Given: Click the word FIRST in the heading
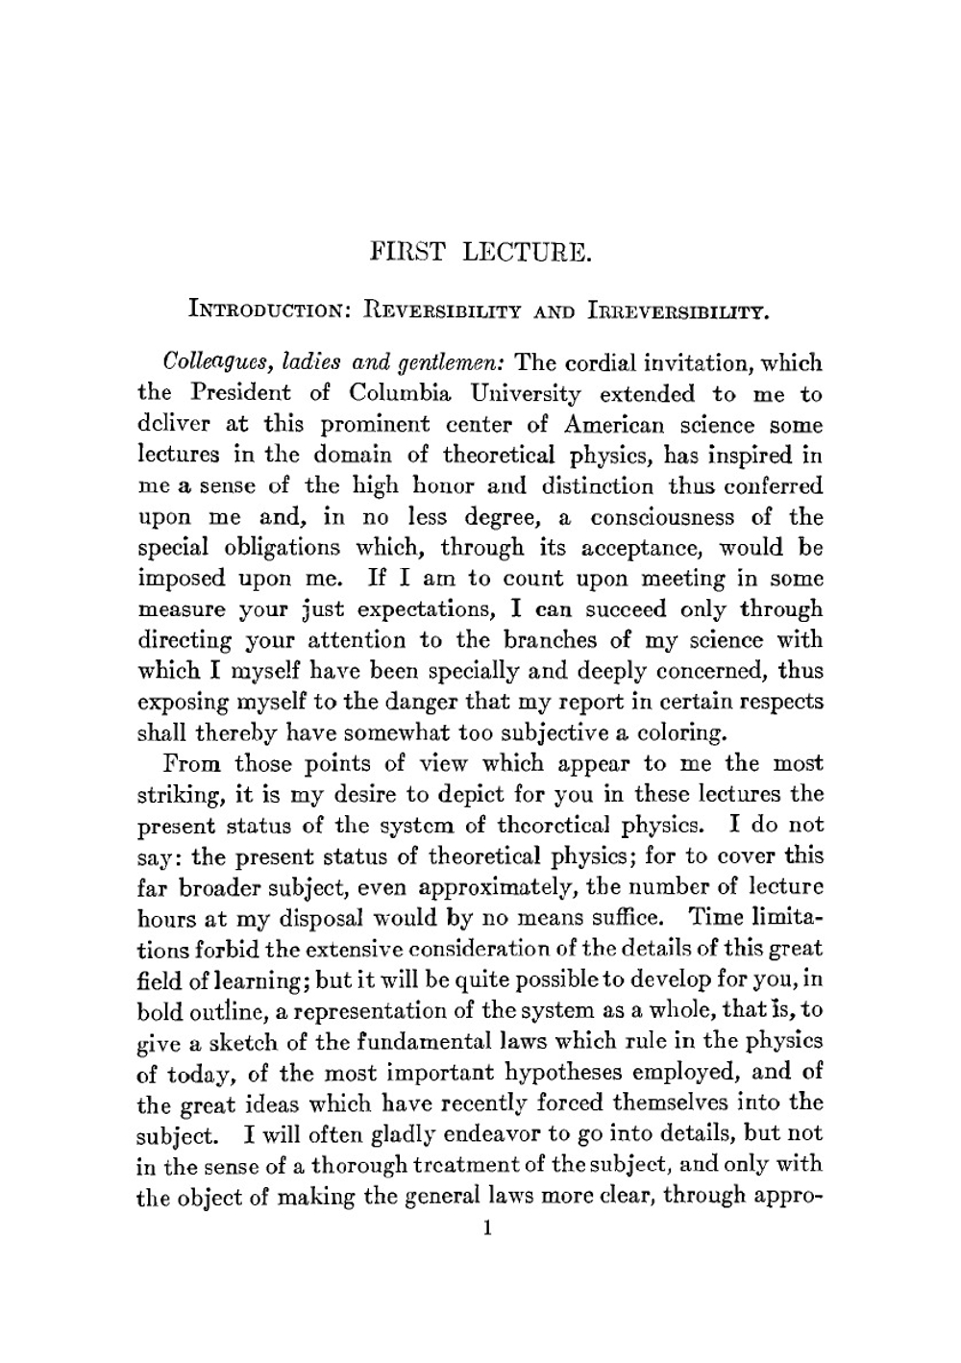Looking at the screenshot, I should click(x=407, y=253).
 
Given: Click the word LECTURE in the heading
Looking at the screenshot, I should click(x=526, y=253).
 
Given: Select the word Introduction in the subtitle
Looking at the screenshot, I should click(x=269, y=311).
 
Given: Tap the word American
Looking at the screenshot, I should click(x=622, y=425).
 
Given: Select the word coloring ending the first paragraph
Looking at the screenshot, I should click(x=685, y=732).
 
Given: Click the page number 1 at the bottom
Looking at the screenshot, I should click(x=488, y=1227).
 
